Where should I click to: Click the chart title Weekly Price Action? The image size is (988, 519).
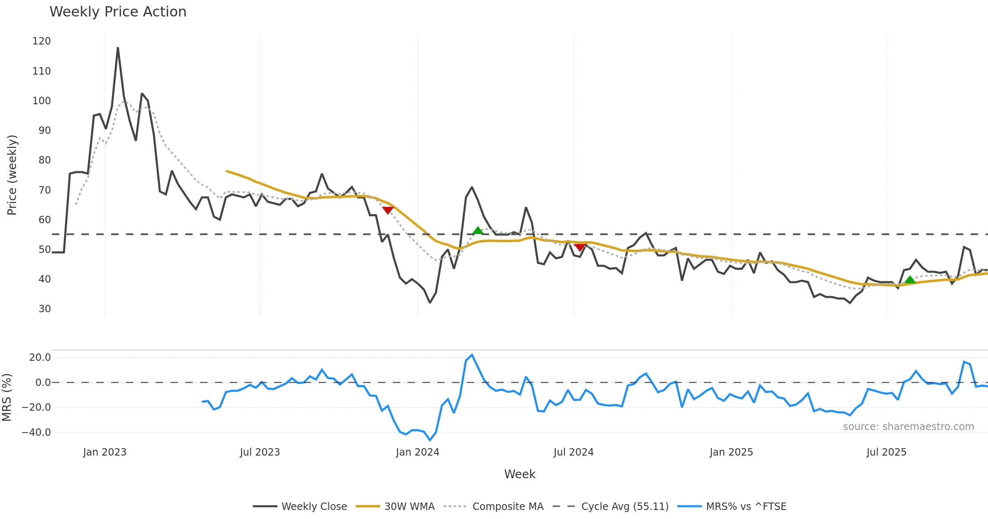click(118, 12)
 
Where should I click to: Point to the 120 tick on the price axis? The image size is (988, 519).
click(42, 41)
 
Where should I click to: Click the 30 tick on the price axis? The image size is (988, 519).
click(44, 309)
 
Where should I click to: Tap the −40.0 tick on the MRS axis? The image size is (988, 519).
click(36, 432)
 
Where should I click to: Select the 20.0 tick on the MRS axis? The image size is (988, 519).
click(40, 358)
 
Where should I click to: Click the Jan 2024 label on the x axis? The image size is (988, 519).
click(417, 452)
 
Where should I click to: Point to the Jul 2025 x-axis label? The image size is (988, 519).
click(886, 452)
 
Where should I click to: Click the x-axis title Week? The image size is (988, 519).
click(520, 475)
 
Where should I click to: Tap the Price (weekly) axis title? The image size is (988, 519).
click(12, 175)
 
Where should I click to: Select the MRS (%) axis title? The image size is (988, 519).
click(7, 397)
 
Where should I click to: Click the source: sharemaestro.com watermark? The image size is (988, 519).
click(908, 427)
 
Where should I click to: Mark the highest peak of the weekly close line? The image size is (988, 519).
click(118, 48)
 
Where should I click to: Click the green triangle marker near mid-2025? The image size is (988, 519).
click(910, 280)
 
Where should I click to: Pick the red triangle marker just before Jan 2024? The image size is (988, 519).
click(387, 210)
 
